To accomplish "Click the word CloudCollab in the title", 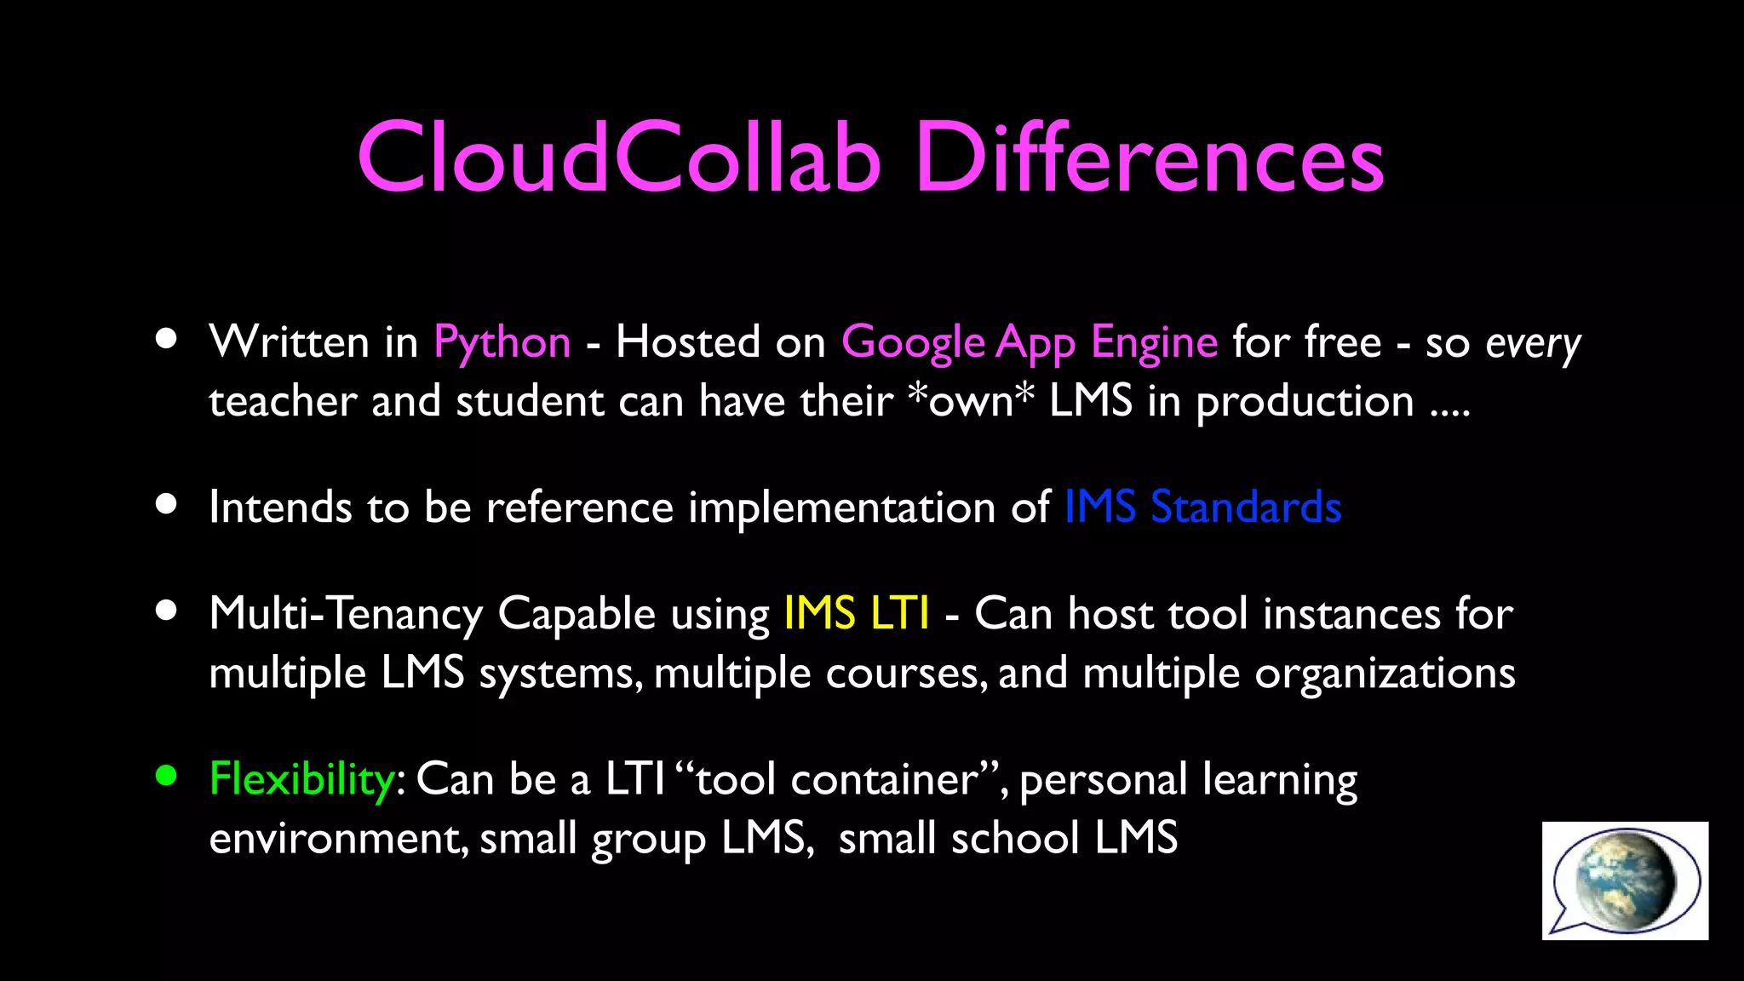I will [619, 158].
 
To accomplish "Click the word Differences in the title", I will [1150, 158].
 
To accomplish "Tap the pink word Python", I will [502, 343].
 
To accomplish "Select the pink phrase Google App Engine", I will [1029, 343].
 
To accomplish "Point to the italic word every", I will [1532, 345].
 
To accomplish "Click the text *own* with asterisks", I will [971, 401].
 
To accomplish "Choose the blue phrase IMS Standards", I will [1202, 508].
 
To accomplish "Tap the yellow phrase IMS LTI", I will [856, 614].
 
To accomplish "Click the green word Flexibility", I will [301, 779].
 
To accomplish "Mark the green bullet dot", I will [166, 776].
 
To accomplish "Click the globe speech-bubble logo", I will [1624, 881].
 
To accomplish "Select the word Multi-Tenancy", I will [346, 614].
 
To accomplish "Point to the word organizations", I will [1385, 674].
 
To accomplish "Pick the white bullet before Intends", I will [166, 504].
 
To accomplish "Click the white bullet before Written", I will [166, 339].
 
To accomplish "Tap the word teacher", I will [283, 401].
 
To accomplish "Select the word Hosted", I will [687, 342].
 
